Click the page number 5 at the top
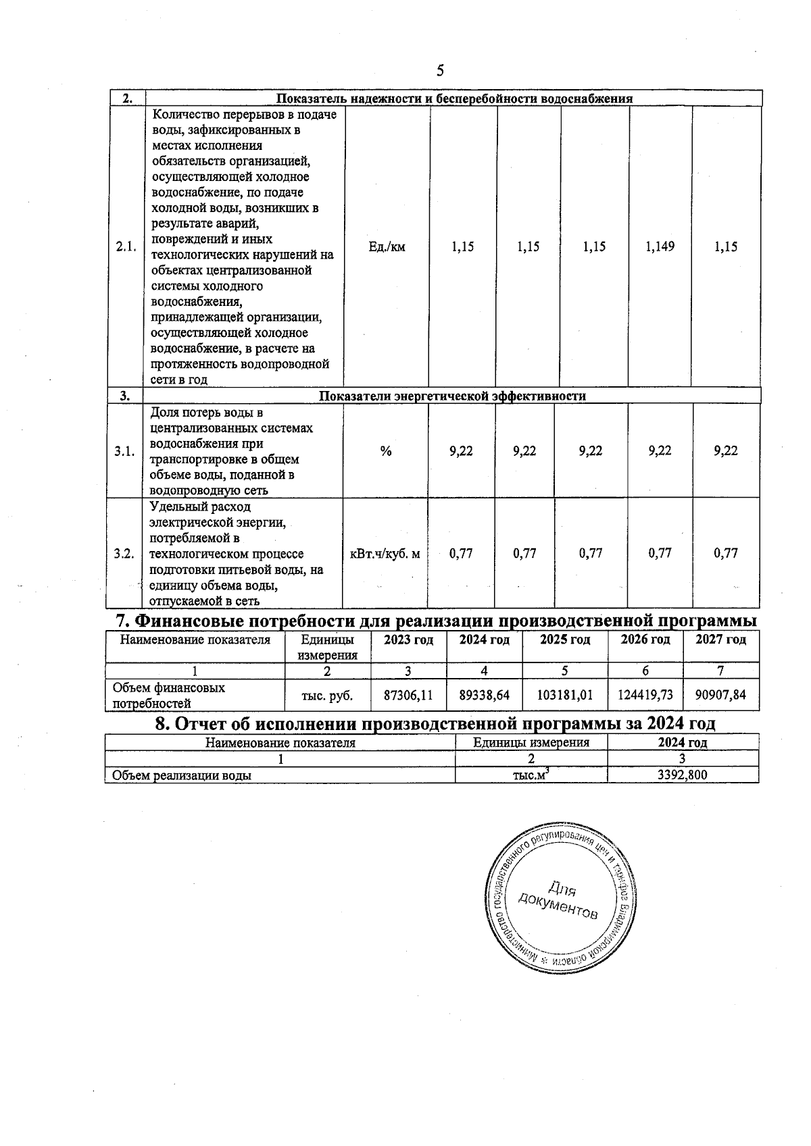(440, 70)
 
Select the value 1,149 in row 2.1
(660, 247)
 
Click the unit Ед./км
(387, 247)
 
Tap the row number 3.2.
(124, 554)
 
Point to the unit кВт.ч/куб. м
(385, 554)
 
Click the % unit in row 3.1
(386, 451)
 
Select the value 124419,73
(645, 694)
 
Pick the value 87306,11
(408, 694)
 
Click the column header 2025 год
(565, 640)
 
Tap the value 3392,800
(683, 775)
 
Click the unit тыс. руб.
(327, 694)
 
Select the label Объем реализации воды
(182, 775)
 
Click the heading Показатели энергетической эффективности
(452, 396)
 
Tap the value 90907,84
(721, 694)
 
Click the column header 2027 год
(721, 640)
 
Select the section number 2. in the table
(126, 99)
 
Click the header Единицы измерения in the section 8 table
(531, 743)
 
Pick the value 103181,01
(565, 694)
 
